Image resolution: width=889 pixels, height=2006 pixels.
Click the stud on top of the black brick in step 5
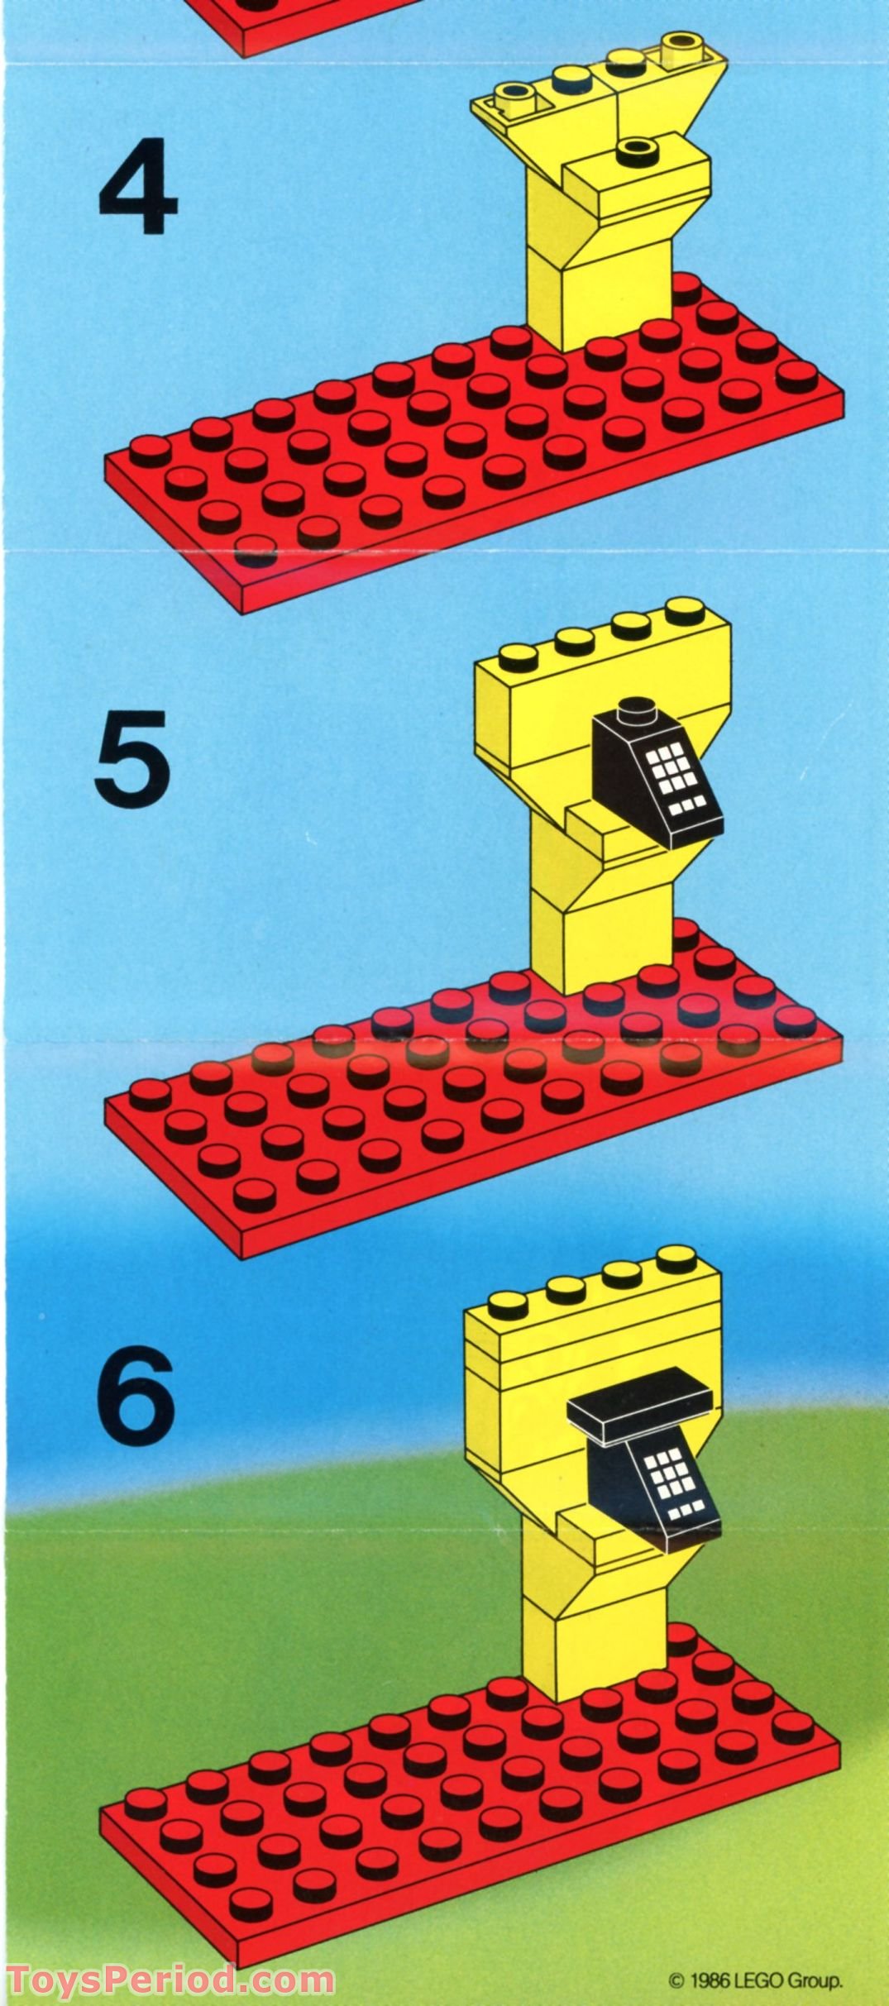[x=637, y=708]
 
